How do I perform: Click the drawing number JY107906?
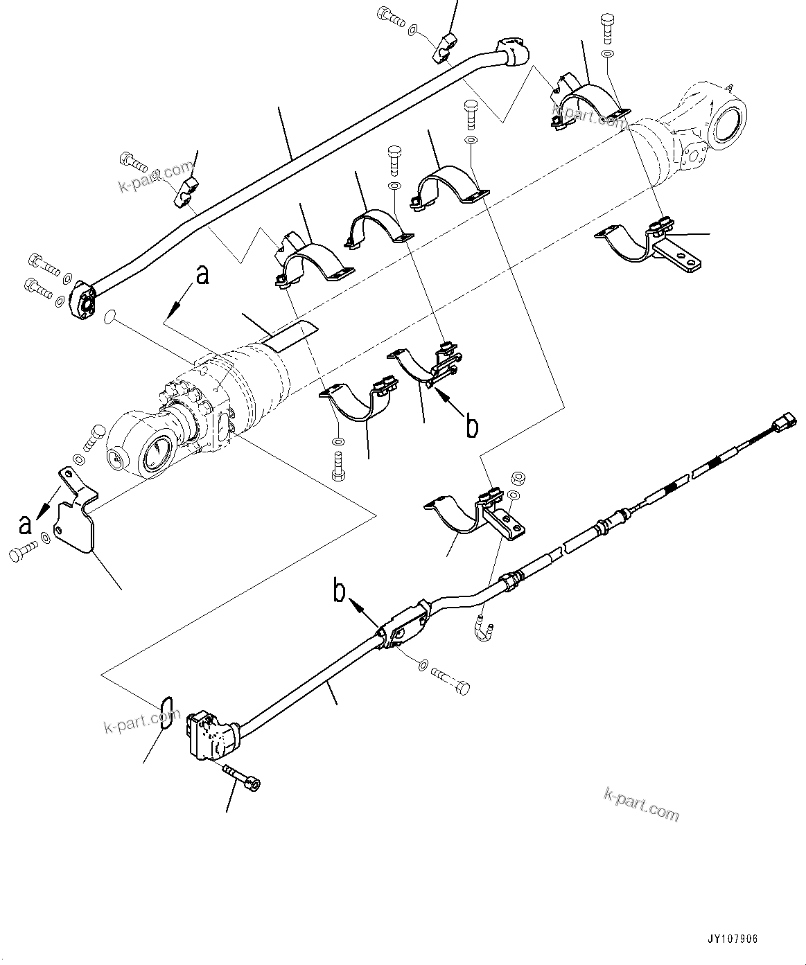coord(732,939)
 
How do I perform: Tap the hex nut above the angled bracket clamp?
coord(516,477)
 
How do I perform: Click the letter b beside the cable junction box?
coord(340,592)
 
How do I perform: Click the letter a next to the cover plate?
coord(25,524)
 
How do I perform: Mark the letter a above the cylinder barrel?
coord(202,275)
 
